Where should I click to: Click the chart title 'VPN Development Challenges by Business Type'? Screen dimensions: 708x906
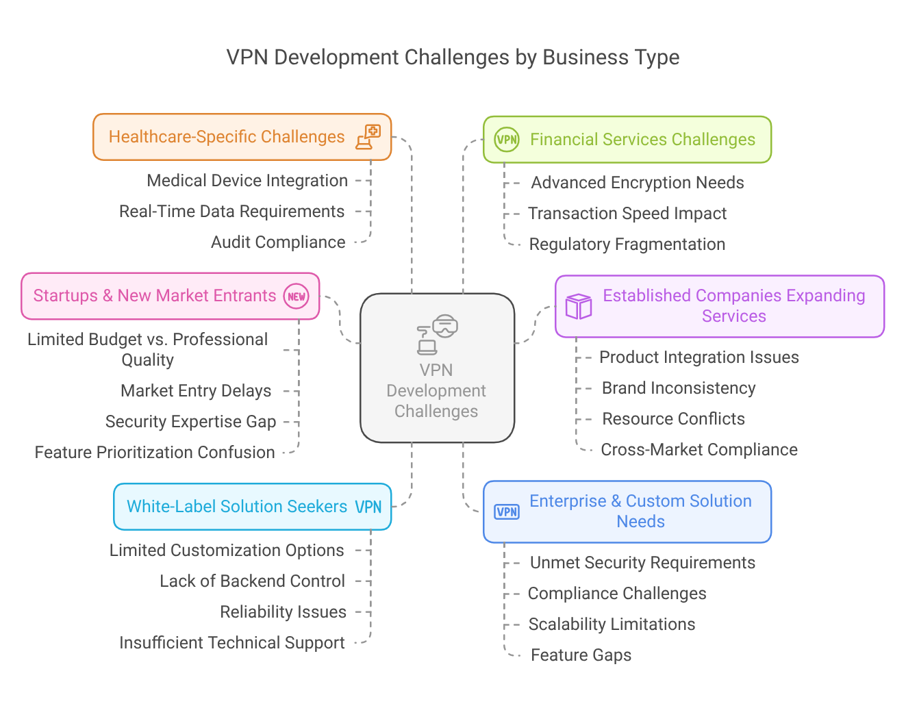tap(453, 58)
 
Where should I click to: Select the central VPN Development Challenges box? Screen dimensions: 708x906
tap(437, 368)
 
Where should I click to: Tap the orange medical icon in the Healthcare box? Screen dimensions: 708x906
tap(368, 137)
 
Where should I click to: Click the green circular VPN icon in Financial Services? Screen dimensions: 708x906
tap(507, 140)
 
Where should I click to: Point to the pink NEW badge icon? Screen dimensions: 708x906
tap(297, 296)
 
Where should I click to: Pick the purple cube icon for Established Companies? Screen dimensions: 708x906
tap(578, 306)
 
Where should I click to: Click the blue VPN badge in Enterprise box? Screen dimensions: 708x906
tap(507, 511)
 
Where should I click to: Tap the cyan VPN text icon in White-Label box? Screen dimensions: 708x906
tap(368, 507)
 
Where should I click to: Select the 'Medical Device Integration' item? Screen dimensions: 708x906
tap(247, 181)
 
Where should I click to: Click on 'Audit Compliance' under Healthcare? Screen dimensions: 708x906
tap(278, 242)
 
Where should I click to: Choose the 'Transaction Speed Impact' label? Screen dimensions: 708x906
tap(627, 214)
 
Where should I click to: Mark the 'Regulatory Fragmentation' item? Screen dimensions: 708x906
tap(627, 244)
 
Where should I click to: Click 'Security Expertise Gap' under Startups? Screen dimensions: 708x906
tap(190, 422)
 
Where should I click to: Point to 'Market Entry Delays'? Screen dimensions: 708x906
tap(196, 391)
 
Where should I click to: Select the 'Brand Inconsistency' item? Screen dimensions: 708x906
tap(678, 388)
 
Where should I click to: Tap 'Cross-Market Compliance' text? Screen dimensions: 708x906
tap(699, 450)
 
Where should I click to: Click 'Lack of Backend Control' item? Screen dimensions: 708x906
tap(252, 581)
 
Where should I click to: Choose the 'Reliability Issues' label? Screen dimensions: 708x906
tap(283, 612)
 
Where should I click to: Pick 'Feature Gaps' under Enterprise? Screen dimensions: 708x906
tap(581, 655)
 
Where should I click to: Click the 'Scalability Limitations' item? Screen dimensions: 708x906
tap(612, 624)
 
